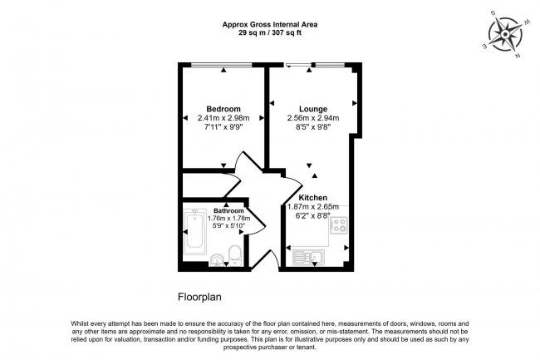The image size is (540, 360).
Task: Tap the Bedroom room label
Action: click(x=223, y=109)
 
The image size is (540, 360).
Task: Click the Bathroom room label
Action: click(x=228, y=211)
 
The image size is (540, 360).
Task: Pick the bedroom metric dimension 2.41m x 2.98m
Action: click(x=223, y=118)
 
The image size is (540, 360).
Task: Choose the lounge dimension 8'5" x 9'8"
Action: click(x=313, y=127)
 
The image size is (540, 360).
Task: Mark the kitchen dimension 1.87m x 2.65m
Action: click(x=313, y=206)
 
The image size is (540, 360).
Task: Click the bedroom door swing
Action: click(x=241, y=164)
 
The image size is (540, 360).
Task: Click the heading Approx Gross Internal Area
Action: click(x=269, y=24)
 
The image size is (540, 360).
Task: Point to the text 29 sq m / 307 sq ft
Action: click(x=269, y=33)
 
